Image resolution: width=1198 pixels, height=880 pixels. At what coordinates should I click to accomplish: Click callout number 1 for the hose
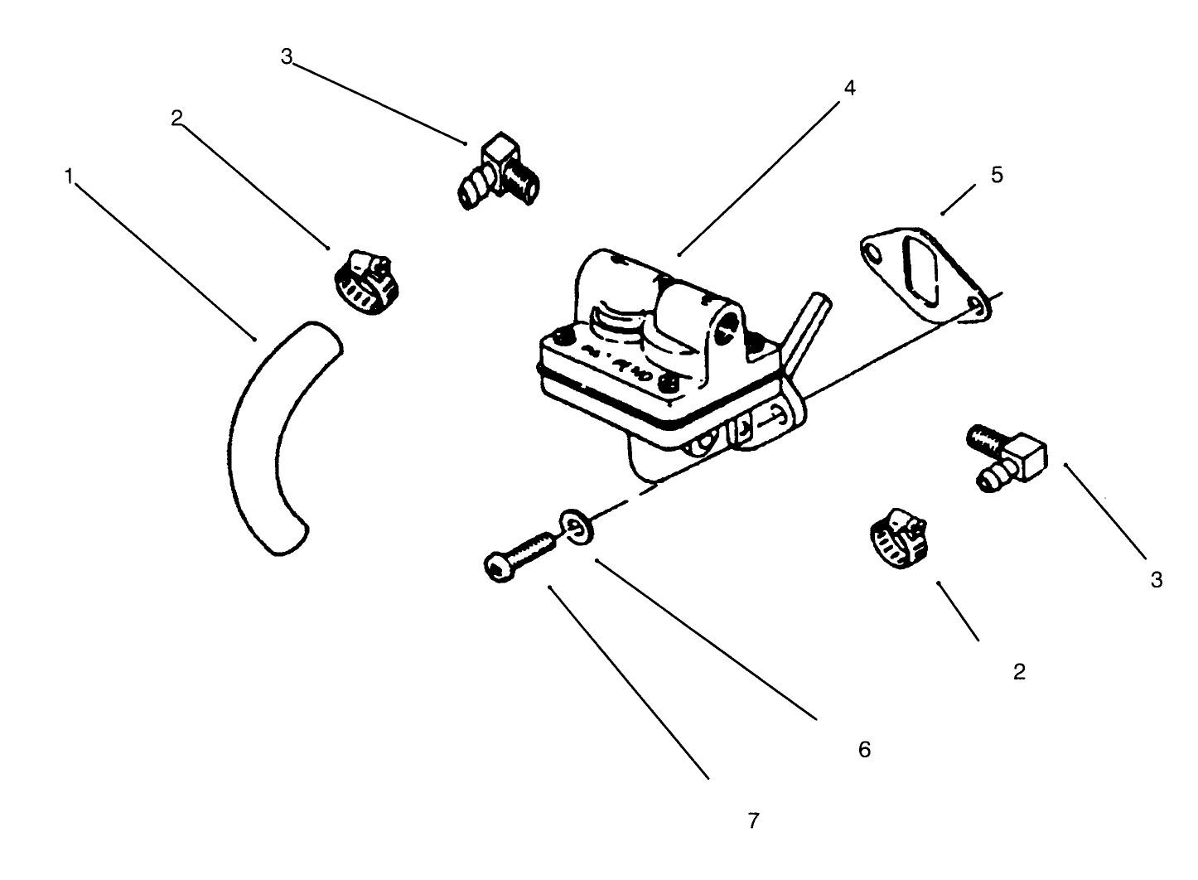click(x=70, y=176)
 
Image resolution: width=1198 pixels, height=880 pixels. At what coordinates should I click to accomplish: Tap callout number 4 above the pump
click(x=849, y=88)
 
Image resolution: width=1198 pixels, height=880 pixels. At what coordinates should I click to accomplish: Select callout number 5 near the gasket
click(x=997, y=175)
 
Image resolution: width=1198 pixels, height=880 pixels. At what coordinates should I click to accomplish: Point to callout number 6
click(x=864, y=749)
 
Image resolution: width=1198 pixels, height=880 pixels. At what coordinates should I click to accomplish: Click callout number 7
click(x=753, y=820)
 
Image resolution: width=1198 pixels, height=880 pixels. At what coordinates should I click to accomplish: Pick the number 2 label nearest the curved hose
click(x=176, y=118)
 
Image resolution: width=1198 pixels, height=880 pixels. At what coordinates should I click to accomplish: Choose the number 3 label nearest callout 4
click(x=287, y=56)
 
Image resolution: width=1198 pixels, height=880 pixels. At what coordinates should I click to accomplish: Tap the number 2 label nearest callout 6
click(x=1019, y=671)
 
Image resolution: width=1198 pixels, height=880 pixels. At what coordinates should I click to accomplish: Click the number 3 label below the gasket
click(x=1157, y=580)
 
